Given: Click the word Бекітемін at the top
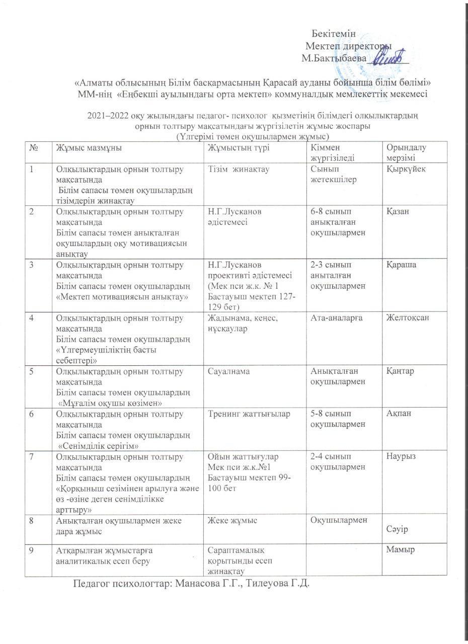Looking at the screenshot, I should (333, 34).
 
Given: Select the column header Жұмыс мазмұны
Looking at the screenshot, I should (89, 147).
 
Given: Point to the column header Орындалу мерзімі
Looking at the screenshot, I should (405, 152).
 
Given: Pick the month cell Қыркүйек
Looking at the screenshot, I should (406, 169).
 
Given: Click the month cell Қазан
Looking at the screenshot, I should (397, 211).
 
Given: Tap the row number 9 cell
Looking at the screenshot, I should (32, 550).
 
